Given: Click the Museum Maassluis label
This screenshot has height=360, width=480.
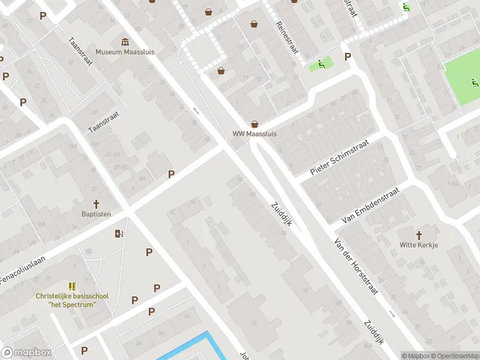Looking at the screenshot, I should click(x=125, y=52).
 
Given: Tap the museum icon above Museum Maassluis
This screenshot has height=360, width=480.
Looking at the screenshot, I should click(x=125, y=41).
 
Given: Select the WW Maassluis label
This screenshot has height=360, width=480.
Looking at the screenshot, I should click(x=255, y=134).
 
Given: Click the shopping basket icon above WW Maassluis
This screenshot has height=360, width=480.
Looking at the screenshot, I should click(x=255, y=124).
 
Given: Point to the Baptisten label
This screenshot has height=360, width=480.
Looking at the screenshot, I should click(x=96, y=214).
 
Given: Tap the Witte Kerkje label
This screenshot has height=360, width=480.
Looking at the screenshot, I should click(x=419, y=245).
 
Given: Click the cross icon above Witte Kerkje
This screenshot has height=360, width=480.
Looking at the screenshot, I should click(x=419, y=235).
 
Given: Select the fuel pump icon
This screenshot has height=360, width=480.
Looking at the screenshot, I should click(x=119, y=233).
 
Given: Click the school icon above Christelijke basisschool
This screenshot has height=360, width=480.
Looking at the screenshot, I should click(x=72, y=286).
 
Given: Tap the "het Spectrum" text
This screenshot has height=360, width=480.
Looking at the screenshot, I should click(x=71, y=304).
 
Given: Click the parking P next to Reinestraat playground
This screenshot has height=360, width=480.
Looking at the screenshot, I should click(x=347, y=56).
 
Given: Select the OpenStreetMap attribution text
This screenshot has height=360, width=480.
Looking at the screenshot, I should click(x=453, y=356).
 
